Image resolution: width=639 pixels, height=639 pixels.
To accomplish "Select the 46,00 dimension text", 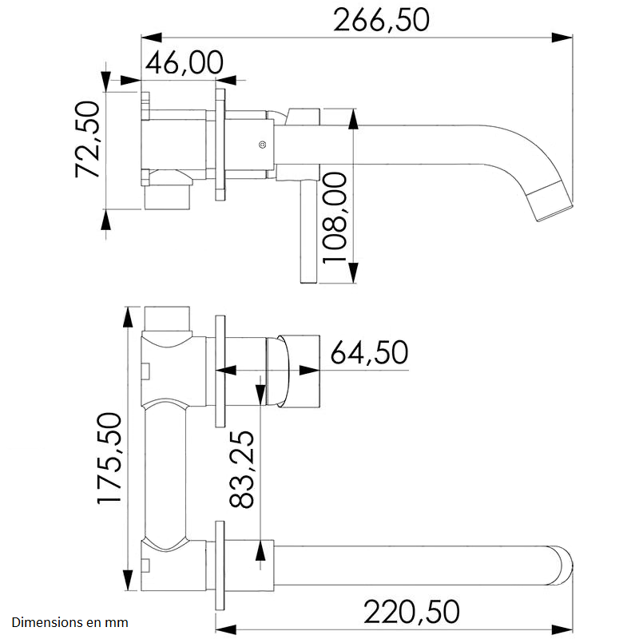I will (184, 62).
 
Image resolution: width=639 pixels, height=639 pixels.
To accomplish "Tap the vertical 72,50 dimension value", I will (86, 140).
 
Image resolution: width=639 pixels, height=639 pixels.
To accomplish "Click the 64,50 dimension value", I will (369, 352).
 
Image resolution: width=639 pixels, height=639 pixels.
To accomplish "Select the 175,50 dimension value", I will (108, 458).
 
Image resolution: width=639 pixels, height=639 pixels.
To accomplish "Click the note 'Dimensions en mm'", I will (69, 621).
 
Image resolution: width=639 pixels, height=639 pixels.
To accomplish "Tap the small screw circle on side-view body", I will (261, 145).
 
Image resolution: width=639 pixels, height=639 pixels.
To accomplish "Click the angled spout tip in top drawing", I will (553, 200).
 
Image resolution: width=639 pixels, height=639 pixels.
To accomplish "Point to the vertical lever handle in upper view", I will (308, 232).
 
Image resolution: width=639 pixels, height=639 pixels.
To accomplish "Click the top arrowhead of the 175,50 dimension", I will (127, 316).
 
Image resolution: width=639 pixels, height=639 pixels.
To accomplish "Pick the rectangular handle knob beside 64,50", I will (302, 370).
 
